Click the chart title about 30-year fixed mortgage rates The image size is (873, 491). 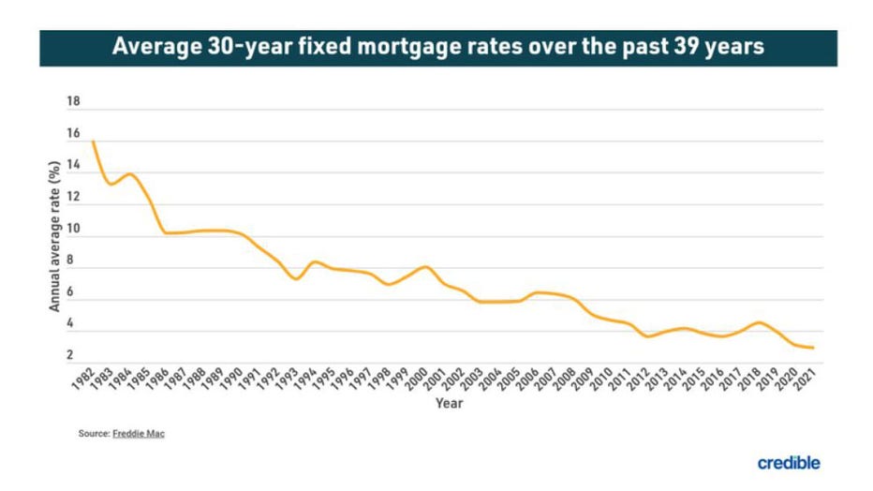pos(437,47)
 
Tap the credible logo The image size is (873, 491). pos(788,463)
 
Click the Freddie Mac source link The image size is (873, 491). pos(139,434)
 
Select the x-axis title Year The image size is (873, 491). pos(448,404)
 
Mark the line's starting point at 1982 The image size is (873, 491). pos(93,141)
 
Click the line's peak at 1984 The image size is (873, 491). pos(130,174)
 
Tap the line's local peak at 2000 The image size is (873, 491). pos(426,267)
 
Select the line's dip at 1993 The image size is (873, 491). pos(296,279)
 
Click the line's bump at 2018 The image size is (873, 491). pos(759,322)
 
